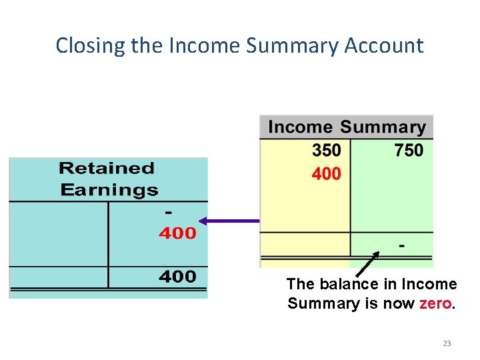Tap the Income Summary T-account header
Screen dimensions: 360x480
point(347,127)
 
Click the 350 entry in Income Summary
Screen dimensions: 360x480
point(326,151)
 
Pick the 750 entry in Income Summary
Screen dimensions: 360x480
point(409,151)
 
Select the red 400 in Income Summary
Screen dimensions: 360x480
point(326,174)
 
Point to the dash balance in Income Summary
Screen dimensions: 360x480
point(401,245)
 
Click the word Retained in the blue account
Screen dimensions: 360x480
point(107,168)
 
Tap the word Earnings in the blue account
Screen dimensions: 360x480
point(109,190)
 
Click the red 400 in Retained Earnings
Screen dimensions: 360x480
point(177,233)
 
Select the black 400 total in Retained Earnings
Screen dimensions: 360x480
point(177,277)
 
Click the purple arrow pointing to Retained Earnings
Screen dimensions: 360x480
point(230,221)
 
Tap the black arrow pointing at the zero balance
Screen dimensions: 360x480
point(367,264)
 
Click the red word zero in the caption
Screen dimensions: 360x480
point(436,304)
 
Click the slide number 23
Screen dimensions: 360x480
point(447,343)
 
